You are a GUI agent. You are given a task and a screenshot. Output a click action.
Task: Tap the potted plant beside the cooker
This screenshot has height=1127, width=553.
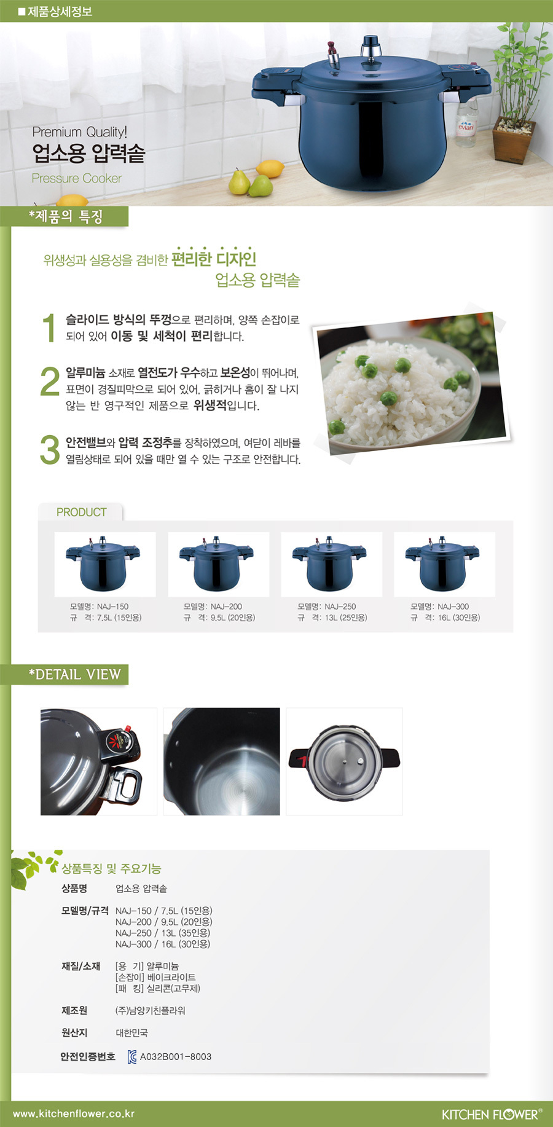[x=517, y=92]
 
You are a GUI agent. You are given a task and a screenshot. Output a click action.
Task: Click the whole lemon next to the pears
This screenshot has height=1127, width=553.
[x=270, y=168]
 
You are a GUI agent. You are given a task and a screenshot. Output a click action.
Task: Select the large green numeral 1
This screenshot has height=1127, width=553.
[x=49, y=327]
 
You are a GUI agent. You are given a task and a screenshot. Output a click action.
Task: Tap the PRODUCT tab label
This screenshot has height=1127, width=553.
[x=81, y=512]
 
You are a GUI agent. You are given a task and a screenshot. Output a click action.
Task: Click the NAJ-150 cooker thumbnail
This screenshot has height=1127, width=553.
[x=105, y=564]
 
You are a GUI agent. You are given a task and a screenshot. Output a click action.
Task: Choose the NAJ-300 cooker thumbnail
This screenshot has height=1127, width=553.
[x=444, y=564]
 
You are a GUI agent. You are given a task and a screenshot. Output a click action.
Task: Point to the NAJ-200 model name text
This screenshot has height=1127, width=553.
[x=213, y=607]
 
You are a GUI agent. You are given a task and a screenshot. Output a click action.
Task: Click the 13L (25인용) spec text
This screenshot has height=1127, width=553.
[x=345, y=618]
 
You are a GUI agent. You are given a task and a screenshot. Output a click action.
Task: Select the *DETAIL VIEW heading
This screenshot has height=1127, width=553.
[x=74, y=674]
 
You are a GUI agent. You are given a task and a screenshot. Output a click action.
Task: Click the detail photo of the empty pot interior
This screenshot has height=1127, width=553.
[x=221, y=761]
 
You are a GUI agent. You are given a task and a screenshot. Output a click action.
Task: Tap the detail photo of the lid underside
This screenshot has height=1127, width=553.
[x=344, y=761]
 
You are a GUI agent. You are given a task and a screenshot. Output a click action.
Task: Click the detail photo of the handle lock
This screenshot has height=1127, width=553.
[x=98, y=761]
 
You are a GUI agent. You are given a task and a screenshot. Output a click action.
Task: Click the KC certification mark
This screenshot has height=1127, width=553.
[x=132, y=1057]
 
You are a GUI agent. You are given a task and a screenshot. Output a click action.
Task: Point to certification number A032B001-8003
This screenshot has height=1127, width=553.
[x=176, y=1057]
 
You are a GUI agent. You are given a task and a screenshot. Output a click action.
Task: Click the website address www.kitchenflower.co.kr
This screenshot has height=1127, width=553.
[x=74, y=1113]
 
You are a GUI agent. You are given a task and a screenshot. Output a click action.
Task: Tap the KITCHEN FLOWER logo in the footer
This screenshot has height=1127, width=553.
[x=492, y=1114]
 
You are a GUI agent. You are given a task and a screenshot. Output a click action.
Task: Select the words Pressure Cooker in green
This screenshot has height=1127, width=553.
[x=77, y=178]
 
